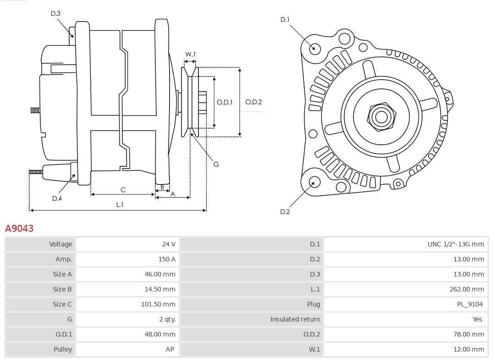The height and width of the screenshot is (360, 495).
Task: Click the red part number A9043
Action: pyautogui.click(x=19, y=228)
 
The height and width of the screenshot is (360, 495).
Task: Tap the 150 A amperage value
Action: pyautogui.click(x=167, y=259)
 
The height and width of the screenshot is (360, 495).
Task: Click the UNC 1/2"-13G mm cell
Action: pyautogui.click(x=455, y=244)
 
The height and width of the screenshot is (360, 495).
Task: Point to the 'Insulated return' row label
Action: pyautogui.click(x=295, y=319)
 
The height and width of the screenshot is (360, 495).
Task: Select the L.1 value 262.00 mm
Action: pyautogui.click(x=467, y=289)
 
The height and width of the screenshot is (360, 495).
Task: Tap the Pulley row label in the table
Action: pyautogui.click(x=63, y=349)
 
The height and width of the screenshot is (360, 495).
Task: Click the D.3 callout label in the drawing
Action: pyautogui.click(x=55, y=14)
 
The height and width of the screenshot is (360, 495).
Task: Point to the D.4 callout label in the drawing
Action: pyautogui.click(x=57, y=198)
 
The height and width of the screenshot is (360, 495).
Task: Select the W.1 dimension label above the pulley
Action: pyautogui.click(x=190, y=54)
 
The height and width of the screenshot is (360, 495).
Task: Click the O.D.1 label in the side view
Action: pyautogui.click(x=225, y=102)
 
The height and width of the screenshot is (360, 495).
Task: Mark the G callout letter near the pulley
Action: pyautogui.click(x=216, y=164)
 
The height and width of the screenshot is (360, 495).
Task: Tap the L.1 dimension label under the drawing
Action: pyautogui.click(x=119, y=205)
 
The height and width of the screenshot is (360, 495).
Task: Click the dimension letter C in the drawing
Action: pyautogui.click(x=123, y=190)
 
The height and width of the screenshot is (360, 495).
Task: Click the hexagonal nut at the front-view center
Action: pyautogui.click(x=381, y=117)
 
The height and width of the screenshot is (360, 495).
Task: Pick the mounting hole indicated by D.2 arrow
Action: pyautogui.click(x=314, y=182)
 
